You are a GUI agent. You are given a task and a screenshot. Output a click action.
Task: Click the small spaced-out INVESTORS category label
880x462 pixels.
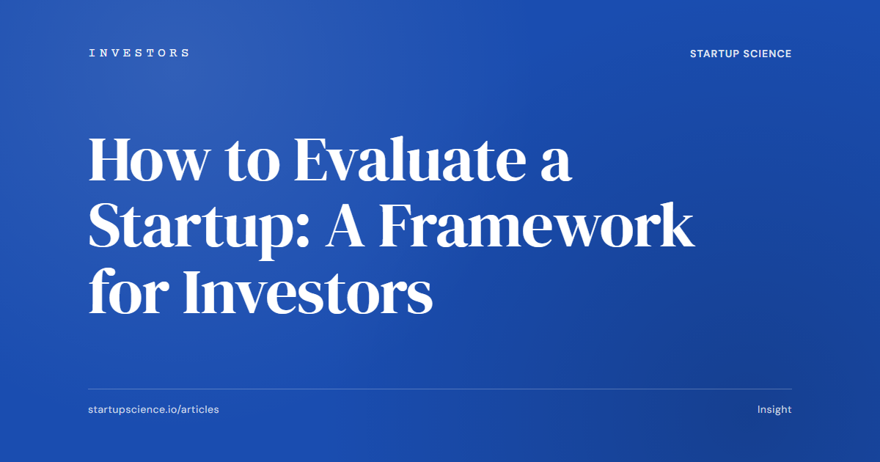pyautogui.click(x=139, y=53)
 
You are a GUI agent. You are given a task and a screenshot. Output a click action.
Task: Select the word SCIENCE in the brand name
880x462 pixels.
pyautogui.click(x=768, y=54)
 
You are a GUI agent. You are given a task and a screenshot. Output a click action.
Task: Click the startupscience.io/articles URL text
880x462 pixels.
pyautogui.click(x=153, y=409)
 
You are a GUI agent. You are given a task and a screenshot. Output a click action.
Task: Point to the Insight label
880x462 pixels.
pyautogui.click(x=774, y=409)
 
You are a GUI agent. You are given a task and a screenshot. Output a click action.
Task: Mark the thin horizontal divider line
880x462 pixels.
pyautogui.click(x=440, y=389)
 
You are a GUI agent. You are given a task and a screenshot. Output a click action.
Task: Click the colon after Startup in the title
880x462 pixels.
pyautogui.click(x=309, y=233)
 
